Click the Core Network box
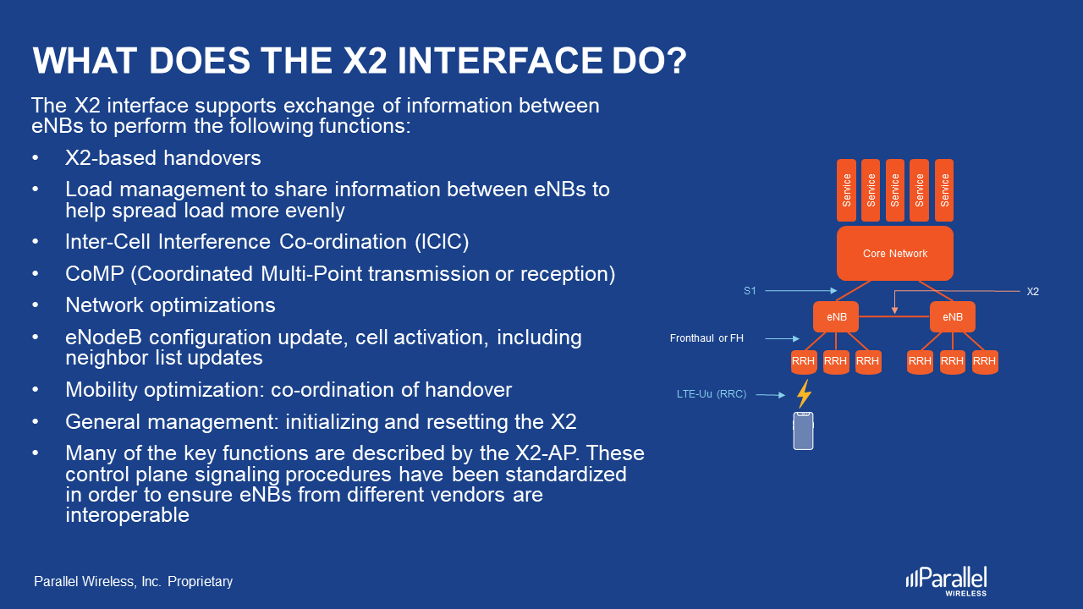tap(895, 253)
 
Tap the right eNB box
tap(952, 317)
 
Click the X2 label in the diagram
tap(1032, 292)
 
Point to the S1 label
tap(750, 291)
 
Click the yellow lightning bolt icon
tap(804, 394)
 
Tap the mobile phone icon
tap(803, 431)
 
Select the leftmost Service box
tap(847, 190)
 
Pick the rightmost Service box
tap(944, 190)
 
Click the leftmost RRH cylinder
tap(804, 362)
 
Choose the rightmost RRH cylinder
tap(984, 362)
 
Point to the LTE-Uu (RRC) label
tap(712, 394)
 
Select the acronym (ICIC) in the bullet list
tap(441, 242)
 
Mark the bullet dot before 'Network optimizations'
tap(36, 305)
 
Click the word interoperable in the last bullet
tap(127, 515)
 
